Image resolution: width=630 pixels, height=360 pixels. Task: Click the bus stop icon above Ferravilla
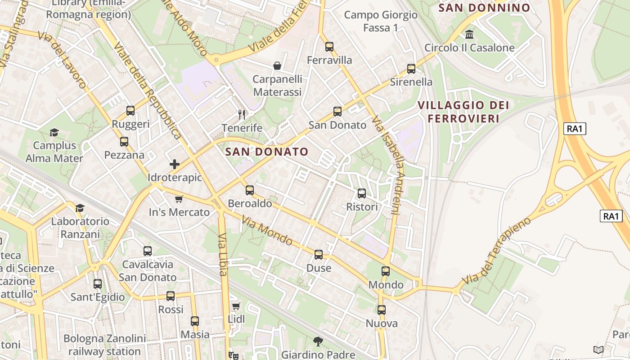coord(329,47)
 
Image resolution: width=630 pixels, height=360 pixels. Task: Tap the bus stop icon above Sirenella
coord(411,69)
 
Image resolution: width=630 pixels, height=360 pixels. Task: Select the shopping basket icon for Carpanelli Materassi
coord(277,66)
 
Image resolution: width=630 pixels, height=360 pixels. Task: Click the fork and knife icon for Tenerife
coord(242,115)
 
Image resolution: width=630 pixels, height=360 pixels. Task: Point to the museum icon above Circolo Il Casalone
coord(469,35)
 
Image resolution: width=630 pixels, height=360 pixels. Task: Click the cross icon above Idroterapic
coord(175,164)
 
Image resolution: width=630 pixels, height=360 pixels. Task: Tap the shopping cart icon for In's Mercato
coord(179,199)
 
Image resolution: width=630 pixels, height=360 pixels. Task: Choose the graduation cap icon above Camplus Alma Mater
coord(54,132)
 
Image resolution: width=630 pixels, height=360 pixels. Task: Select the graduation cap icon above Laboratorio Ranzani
coord(80,208)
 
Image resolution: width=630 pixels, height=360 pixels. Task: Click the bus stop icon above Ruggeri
coord(130,111)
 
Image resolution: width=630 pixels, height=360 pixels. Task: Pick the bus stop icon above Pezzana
coord(124,142)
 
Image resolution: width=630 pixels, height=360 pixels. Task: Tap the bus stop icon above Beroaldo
coord(250,190)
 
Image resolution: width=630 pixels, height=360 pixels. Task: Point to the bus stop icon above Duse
coord(319,255)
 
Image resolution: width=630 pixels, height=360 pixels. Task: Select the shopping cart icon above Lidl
coord(236,306)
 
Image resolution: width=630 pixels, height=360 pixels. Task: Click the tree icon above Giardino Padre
coord(318,342)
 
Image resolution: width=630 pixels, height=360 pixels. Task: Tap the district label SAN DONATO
coord(267,152)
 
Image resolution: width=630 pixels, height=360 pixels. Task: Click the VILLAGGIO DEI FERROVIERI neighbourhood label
coord(463,112)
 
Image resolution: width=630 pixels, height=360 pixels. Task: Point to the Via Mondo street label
coord(267,231)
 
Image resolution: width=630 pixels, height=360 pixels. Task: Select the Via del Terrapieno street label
coord(496,250)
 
